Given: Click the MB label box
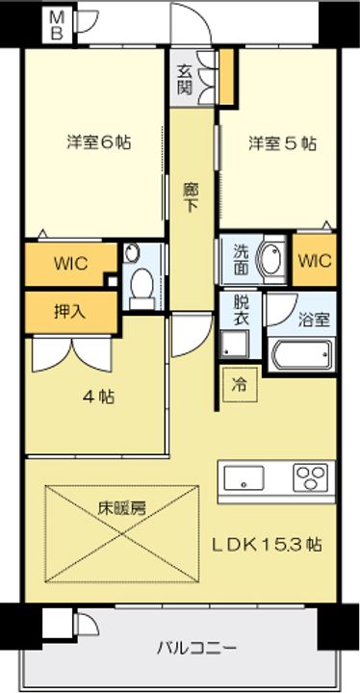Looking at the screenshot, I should point(59,26).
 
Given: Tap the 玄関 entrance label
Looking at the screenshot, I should point(186,78).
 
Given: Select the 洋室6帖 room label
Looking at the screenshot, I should point(98,142).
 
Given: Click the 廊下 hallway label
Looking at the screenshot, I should point(192,197).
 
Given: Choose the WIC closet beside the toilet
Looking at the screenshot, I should point(70,263).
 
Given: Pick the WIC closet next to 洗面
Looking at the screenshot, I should point(315,261).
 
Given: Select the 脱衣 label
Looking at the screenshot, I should point(240,307).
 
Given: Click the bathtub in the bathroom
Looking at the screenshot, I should point(302,356).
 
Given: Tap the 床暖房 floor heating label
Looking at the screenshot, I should point(121,507).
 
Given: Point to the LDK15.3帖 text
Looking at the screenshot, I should point(267,546).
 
